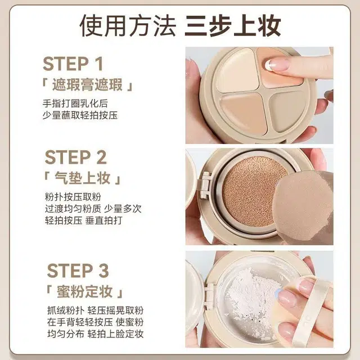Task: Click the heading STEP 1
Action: [73, 64]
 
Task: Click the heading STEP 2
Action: [76, 157]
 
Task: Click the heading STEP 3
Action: [78, 271]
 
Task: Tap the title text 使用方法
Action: [128, 25]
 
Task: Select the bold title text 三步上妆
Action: [233, 25]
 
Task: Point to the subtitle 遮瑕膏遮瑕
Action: [87, 84]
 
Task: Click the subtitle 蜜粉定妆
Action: [84, 291]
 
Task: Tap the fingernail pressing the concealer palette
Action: [277, 64]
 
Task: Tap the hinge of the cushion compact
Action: [205, 185]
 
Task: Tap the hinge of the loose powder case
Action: [209, 296]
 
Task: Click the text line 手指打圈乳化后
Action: [75, 103]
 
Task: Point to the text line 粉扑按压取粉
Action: [73, 197]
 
